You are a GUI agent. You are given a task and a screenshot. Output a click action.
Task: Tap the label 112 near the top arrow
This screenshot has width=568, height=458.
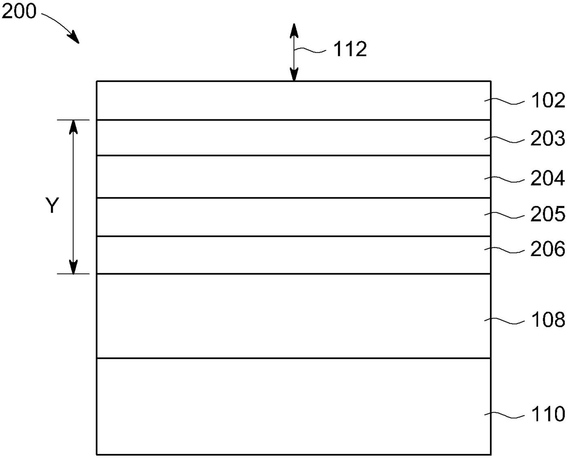(350, 49)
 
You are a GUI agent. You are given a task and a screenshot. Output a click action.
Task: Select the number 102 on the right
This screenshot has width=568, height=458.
(548, 101)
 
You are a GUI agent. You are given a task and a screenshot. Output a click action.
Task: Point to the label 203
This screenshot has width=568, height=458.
(548, 139)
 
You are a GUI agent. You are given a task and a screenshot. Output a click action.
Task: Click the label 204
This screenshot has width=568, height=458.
(548, 178)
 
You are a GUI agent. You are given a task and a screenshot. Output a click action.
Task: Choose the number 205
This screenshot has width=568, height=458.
(548, 214)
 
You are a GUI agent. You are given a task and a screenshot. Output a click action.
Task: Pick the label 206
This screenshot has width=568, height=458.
(548, 249)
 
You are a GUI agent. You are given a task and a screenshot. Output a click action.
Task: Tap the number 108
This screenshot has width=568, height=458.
(548, 320)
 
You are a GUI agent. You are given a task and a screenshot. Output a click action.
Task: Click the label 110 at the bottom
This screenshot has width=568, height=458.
(548, 414)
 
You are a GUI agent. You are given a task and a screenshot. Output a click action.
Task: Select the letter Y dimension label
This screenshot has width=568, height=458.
(53, 206)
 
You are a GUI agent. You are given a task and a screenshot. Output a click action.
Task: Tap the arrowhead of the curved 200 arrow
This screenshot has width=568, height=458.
(74, 38)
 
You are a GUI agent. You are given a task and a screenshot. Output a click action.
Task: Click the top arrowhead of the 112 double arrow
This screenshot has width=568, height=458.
(294, 30)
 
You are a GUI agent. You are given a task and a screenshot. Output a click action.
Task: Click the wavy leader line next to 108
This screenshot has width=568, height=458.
(504, 320)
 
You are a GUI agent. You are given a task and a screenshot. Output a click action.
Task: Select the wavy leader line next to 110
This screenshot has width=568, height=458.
(504, 415)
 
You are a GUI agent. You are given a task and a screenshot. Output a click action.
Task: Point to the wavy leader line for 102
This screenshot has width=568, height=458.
(504, 101)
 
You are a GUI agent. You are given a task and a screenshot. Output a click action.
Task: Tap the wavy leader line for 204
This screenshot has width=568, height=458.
(504, 179)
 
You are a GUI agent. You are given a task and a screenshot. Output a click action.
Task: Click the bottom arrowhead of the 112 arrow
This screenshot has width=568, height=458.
(294, 75)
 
